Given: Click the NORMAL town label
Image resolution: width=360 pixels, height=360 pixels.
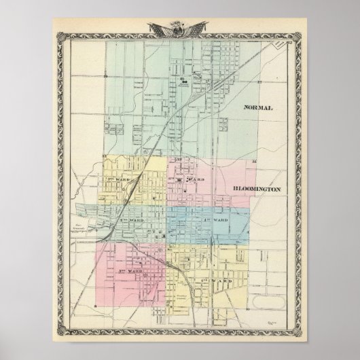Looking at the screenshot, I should [257, 108].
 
